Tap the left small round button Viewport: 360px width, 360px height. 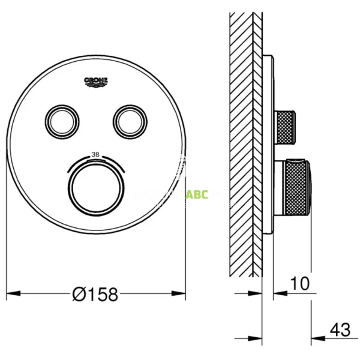tap(63, 120)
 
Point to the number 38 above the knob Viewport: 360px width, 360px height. tap(95, 155)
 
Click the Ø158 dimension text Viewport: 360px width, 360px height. tap(95, 294)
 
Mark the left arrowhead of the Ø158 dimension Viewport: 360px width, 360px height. tap(13, 294)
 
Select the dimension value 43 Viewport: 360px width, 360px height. tap(339, 329)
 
